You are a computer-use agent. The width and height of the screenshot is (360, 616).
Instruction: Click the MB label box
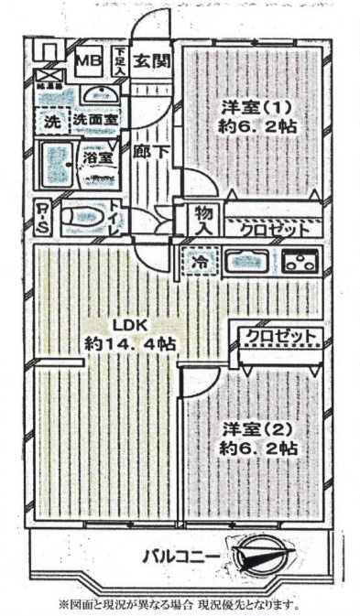pyautogui.click(x=87, y=62)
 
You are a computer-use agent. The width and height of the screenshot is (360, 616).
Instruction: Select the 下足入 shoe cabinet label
pyautogui.click(x=120, y=62)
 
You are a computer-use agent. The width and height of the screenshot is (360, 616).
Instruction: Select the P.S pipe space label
pyautogui.click(x=43, y=216)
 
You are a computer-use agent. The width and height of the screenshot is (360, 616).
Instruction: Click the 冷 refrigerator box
pyautogui.click(x=200, y=262)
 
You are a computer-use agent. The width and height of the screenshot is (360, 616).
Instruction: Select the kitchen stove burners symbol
pyautogui.click(x=299, y=261)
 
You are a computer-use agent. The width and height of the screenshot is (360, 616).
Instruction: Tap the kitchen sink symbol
pyautogui.click(x=245, y=261)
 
